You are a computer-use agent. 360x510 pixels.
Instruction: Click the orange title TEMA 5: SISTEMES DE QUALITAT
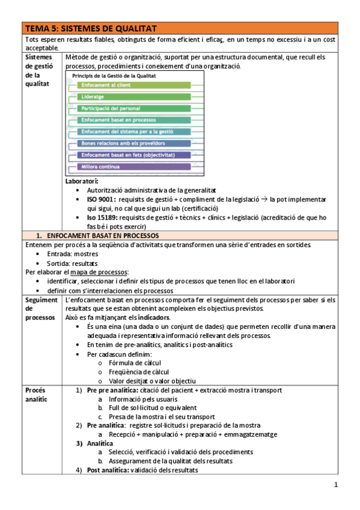click(90, 28)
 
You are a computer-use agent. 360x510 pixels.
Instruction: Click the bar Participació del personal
click(111, 108)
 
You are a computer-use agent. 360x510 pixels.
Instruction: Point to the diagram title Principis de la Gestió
click(114, 76)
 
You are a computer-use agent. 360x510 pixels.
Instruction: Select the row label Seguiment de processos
click(41, 308)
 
